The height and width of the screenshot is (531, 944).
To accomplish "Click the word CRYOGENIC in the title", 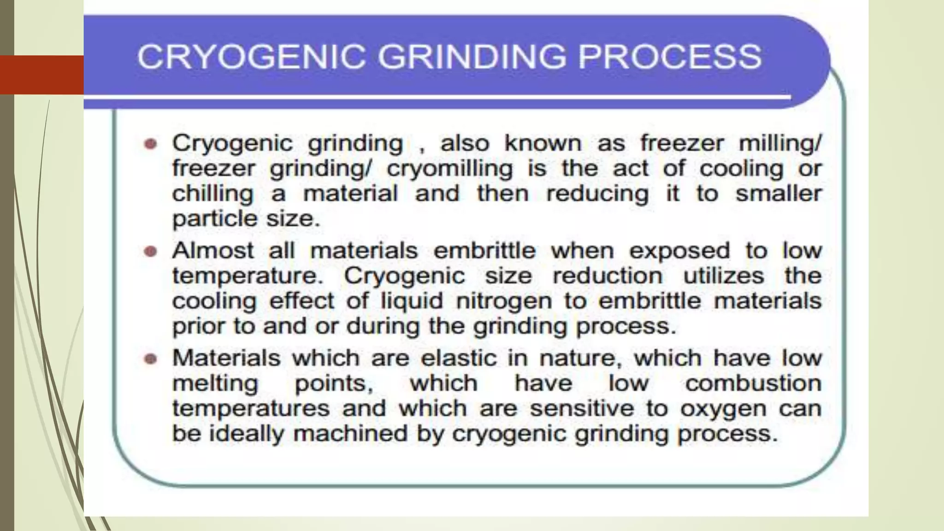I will [x=252, y=57].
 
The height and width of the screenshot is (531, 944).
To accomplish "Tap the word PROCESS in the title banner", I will [x=669, y=57].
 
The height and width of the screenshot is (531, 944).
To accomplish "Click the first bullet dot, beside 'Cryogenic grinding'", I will [x=150, y=144].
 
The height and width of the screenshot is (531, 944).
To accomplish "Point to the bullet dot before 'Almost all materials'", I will [x=150, y=252].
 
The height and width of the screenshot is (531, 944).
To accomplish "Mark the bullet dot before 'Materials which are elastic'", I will [x=150, y=359].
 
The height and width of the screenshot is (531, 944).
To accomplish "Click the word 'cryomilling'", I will [x=449, y=169].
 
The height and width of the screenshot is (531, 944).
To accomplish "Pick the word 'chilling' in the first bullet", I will [x=212, y=194].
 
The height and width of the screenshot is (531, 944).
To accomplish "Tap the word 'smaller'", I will [x=778, y=194].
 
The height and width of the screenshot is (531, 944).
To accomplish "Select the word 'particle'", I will [x=208, y=219].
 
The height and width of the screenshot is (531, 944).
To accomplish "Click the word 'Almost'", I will [x=212, y=251].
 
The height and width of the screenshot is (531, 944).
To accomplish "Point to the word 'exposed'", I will [x=679, y=251].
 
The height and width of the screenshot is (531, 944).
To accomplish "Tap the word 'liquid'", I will [x=412, y=301].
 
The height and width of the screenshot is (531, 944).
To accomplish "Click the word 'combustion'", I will [x=753, y=383].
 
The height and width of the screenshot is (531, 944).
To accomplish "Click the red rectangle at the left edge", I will [x=41, y=75].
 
